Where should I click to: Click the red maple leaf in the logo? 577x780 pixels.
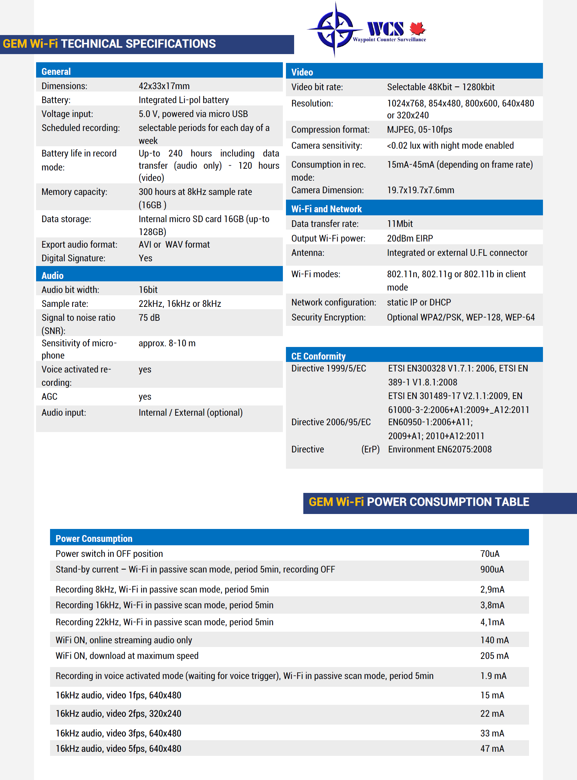417,28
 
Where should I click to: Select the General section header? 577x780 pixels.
56,71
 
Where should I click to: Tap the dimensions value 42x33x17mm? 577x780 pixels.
164,86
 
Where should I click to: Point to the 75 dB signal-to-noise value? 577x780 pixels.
149,318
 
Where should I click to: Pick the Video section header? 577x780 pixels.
302,72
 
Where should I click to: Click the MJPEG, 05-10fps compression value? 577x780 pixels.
419,130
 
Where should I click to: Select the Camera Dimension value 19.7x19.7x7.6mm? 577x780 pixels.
420,190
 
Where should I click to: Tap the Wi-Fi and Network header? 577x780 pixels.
326,209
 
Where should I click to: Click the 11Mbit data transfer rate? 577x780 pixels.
400,224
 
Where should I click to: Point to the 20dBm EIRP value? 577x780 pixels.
410,238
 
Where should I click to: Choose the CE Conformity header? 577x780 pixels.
318,356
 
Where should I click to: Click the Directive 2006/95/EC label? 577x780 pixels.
331,422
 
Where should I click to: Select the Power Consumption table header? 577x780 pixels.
94,538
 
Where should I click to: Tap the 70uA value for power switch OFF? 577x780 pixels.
490,554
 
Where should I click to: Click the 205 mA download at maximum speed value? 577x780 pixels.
494,656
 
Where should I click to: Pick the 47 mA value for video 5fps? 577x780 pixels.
492,749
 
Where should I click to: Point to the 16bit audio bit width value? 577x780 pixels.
148,290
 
